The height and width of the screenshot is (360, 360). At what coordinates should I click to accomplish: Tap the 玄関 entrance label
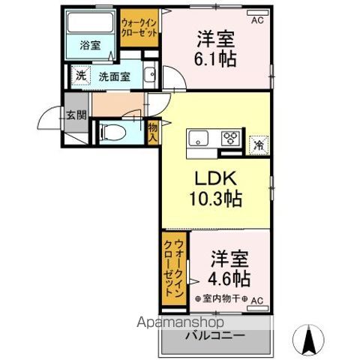(75, 115)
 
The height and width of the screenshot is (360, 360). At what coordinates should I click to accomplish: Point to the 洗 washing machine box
(80, 75)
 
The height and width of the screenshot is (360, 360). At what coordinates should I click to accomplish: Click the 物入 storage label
(152, 133)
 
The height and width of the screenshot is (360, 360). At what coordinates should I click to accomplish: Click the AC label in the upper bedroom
(257, 20)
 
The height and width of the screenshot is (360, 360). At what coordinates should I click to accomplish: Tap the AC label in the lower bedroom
(257, 301)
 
